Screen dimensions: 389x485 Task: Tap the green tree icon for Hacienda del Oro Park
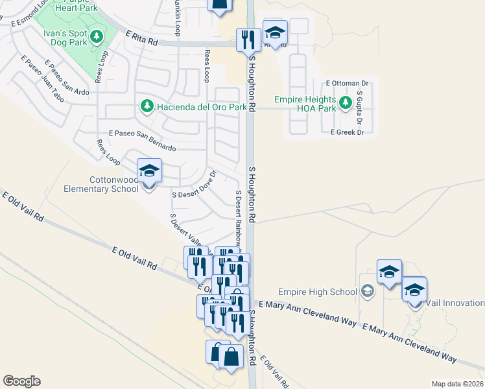coord(147,106)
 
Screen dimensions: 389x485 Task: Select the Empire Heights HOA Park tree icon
coord(346,102)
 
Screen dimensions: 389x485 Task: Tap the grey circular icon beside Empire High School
coord(368,292)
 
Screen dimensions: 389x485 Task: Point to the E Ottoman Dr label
coord(347,84)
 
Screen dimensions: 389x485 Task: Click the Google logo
coord(22,381)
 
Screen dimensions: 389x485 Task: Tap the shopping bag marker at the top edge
coord(219,5)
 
